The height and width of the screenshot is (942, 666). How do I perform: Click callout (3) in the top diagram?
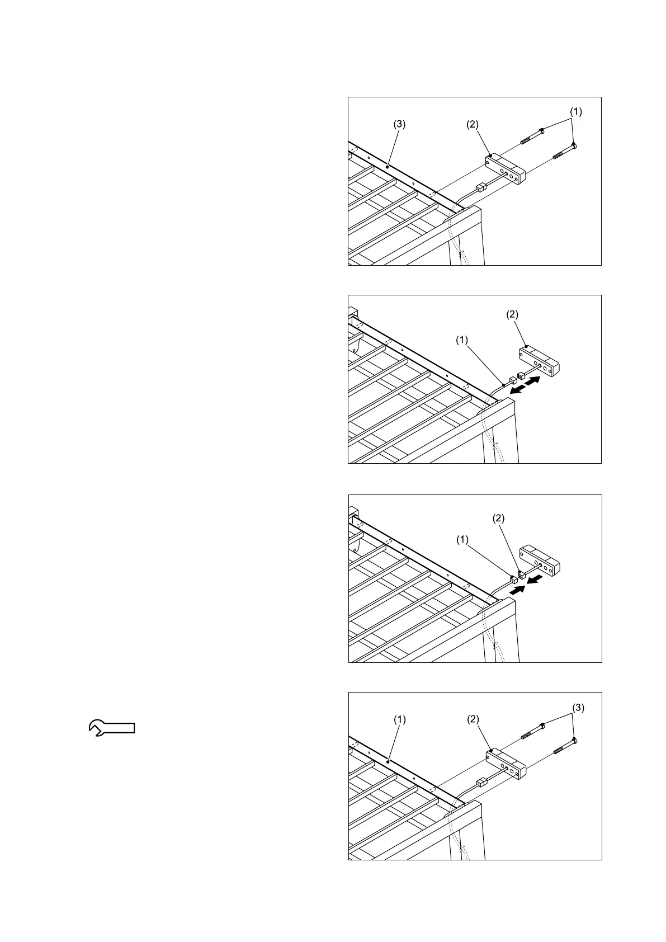point(399,125)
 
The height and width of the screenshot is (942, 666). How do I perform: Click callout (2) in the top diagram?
point(473,125)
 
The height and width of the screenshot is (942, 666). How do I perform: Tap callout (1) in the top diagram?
point(575,111)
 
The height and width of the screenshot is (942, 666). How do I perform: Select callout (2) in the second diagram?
point(512,314)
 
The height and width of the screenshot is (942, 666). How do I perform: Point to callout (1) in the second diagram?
point(461,340)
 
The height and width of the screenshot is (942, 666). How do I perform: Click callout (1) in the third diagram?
point(462,539)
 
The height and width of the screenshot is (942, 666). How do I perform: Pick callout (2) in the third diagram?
point(498,519)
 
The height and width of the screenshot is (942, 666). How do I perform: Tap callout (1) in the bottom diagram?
point(399,720)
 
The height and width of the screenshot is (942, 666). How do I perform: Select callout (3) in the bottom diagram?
point(578,708)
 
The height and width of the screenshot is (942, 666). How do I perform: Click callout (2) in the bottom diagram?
point(473,720)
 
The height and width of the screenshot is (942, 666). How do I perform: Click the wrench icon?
point(112,727)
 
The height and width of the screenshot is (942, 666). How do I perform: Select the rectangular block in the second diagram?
point(539,361)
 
